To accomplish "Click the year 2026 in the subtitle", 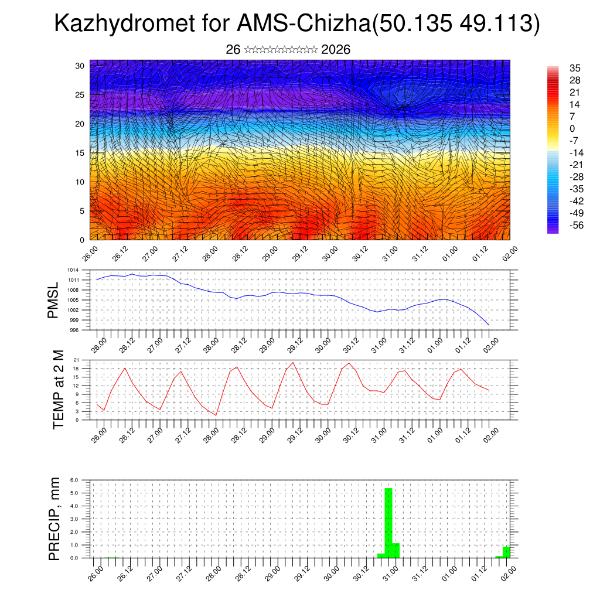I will click(336, 50).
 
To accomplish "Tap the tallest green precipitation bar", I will click(388, 521).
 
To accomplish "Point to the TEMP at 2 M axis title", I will click(58, 389).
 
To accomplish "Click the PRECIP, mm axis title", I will click(54, 519).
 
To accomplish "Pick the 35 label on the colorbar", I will click(575, 69).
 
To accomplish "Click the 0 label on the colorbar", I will click(572, 129).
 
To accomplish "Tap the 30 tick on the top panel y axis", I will click(79, 66).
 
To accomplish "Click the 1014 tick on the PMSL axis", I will click(73, 270).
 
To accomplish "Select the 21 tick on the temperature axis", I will click(76, 360).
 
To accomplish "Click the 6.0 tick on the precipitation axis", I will click(74, 480).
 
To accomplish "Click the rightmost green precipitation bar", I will click(506, 552).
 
